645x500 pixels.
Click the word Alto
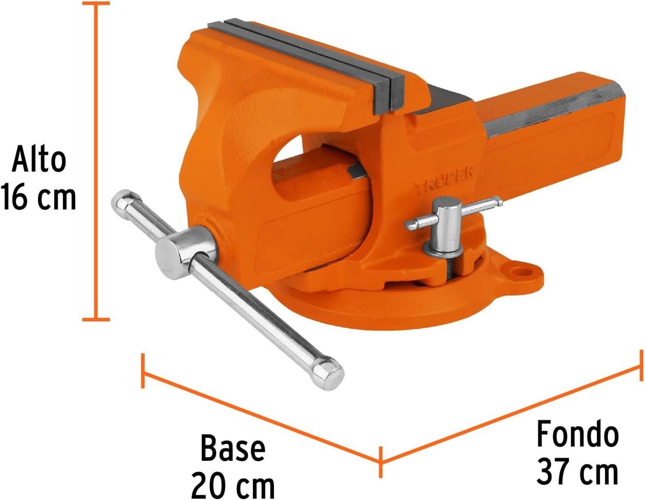(x=39, y=158)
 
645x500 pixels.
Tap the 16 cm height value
(x=39, y=196)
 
